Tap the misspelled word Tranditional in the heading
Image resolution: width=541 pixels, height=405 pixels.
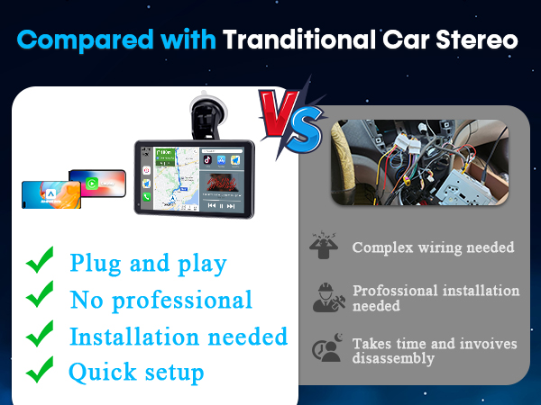click(x=298, y=40)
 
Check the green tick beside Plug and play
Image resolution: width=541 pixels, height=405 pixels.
click(x=39, y=262)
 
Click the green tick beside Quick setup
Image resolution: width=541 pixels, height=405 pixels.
click(x=39, y=370)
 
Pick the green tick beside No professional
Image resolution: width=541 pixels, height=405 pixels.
click(x=39, y=297)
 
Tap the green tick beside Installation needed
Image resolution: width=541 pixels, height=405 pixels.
click(x=39, y=334)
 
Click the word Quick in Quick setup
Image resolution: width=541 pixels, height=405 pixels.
click(x=98, y=371)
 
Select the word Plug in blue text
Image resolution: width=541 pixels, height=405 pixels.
click(x=92, y=264)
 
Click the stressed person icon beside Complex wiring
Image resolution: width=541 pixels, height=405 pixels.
click(x=325, y=246)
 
